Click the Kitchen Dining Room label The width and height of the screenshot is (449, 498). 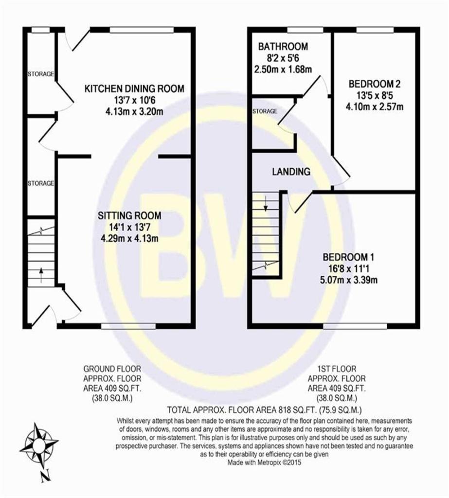pos(134,89)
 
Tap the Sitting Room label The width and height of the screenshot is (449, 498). pos(129,215)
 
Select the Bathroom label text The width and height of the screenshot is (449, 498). pos(283,46)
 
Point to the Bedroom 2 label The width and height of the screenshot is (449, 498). pos(375,84)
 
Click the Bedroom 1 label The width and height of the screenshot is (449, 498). pos(349,257)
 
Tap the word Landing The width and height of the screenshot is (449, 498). pos(291,172)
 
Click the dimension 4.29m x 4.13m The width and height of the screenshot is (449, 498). pos(129,238)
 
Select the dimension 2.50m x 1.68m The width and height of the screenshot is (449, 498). pos(283,69)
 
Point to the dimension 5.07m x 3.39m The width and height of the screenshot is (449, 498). pos(349,280)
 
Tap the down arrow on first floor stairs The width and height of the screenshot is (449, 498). pos(266,204)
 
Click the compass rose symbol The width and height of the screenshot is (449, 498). pos(39,443)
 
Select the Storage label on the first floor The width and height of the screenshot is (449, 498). pos(265,111)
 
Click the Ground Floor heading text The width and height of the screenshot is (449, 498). pos(112,369)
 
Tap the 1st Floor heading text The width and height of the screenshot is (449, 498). pos(337,369)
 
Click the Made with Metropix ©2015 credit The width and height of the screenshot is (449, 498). pos(264,462)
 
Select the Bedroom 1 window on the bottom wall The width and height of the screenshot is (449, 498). pos(355,326)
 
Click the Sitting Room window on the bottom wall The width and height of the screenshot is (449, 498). pos(129,326)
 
